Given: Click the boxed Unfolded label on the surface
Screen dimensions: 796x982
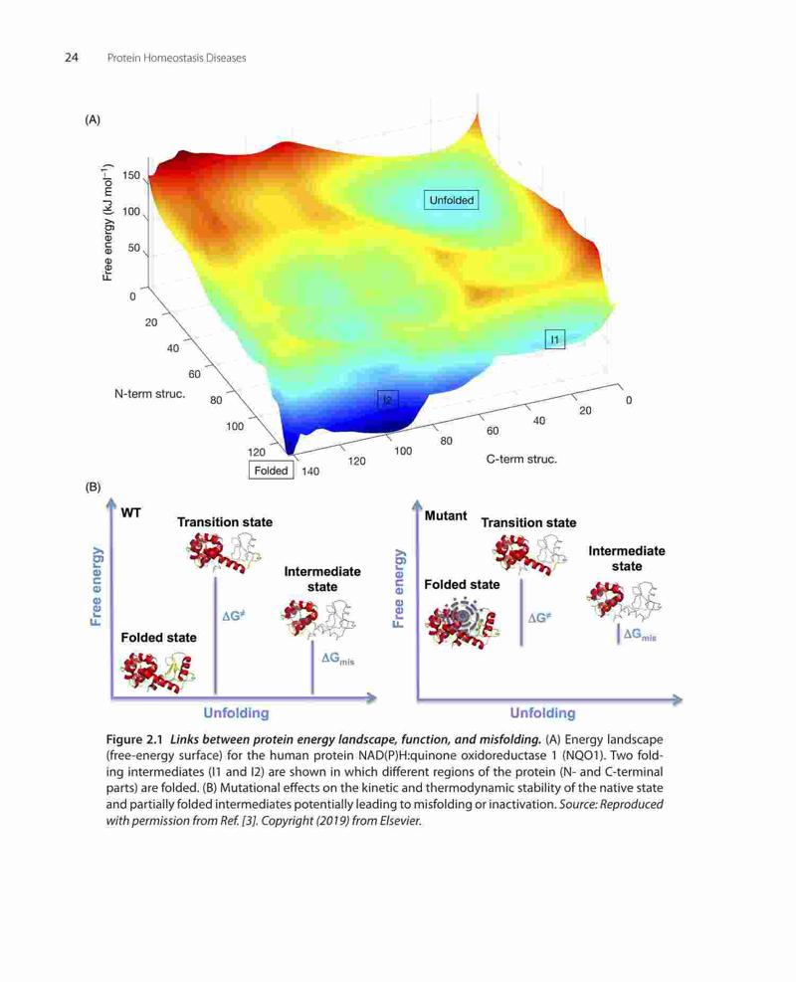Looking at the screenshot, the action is pyautogui.click(x=451, y=200).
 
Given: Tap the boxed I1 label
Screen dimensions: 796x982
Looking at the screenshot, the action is pyautogui.click(x=555, y=339).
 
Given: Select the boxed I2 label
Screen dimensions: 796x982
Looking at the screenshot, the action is pyautogui.click(x=388, y=400).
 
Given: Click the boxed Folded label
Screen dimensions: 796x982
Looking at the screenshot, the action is pyautogui.click(x=272, y=471).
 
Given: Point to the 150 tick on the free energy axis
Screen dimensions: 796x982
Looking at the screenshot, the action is pyautogui.click(x=131, y=175).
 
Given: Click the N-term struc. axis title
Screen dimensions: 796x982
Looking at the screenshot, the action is pyautogui.click(x=149, y=394).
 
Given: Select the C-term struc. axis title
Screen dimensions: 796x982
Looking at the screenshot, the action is pyautogui.click(x=521, y=459).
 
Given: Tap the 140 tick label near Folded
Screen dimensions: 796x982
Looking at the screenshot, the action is pyautogui.click(x=310, y=471).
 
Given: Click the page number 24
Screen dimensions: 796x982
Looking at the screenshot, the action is pyautogui.click(x=72, y=58).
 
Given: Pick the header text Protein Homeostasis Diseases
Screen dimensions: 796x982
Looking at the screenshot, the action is pyautogui.click(x=176, y=58).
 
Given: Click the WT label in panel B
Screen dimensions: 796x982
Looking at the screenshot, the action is pyautogui.click(x=131, y=513).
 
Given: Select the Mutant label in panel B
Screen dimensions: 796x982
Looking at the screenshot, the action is pyautogui.click(x=446, y=515).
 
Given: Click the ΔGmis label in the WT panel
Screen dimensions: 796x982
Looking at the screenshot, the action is pyautogui.click(x=337, y=659).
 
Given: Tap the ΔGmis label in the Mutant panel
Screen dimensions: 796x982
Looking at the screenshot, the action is pyautogui.click(x=640, y=635).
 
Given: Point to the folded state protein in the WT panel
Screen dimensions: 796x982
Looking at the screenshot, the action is pyautogui.click(x=158, y=673).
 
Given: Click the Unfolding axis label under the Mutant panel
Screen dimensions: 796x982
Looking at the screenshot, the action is pyautogui.click(x=542, y=712).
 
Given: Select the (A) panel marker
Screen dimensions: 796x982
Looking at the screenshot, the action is pyautogui.click(x=93, y=119).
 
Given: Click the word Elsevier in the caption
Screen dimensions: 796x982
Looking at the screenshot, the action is pyautogui.click(x=400, y=821).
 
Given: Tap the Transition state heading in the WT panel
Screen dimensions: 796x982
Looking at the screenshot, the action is pyautogui.click(x=225, y=521).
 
